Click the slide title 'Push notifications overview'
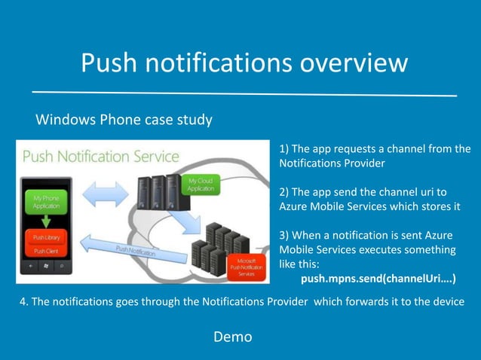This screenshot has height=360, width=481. point(244,63)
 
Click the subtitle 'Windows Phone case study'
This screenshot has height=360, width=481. point(124,120)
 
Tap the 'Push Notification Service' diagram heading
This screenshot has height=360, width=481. point(101,157)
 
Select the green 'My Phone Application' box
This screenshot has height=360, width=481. point(46,202)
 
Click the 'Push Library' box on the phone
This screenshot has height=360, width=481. point(47,237)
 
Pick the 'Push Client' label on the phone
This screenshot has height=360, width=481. point(47,252)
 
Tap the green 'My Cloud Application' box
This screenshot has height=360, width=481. point(202,185)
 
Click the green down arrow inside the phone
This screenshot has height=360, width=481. point(46,221)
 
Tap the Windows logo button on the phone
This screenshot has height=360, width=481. point(47,266)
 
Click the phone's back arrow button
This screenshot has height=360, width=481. point(31,266)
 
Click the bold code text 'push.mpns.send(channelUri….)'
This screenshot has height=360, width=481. point(378,279)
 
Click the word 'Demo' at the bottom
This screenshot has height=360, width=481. point(233,337)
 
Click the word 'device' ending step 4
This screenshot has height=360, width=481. point(444,303)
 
